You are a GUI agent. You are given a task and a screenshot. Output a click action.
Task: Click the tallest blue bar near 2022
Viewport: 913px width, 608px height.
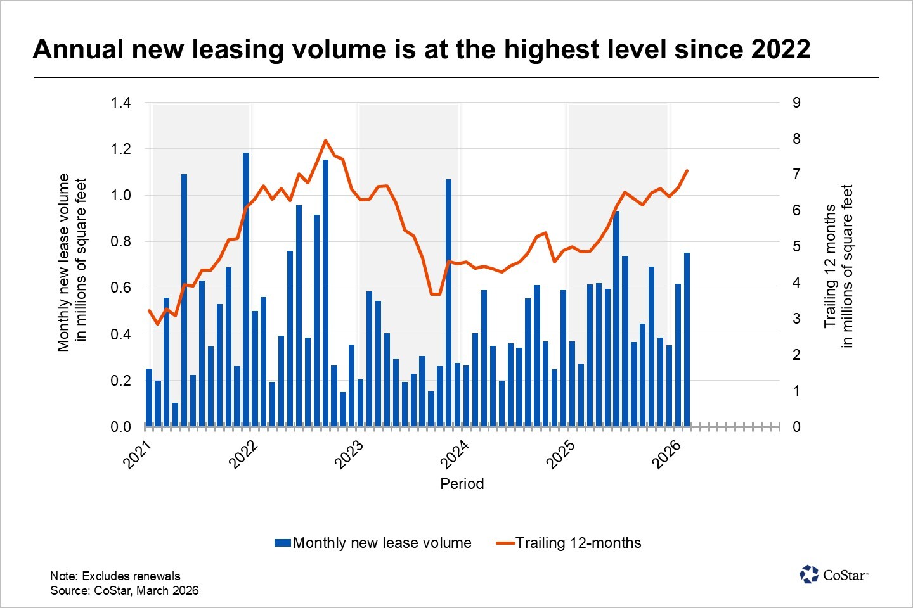[246, 288]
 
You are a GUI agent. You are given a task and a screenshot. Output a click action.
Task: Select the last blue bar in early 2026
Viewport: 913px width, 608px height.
[687, 339]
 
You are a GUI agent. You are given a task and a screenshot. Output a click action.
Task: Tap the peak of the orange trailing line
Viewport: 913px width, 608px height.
[325, 141]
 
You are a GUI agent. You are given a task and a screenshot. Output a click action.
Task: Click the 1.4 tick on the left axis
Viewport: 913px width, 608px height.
[120, 103]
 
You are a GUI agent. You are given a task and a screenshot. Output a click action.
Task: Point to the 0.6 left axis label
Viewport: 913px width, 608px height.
[120, 288]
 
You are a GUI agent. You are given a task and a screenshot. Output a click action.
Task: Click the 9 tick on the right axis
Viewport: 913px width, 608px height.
[796, 103]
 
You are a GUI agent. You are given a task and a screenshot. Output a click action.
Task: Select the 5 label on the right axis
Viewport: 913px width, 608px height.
[796, 246]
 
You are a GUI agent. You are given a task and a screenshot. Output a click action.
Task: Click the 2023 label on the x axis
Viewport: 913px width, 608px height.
[349, 454]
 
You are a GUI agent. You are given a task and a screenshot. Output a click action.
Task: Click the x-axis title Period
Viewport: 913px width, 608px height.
[462, 484]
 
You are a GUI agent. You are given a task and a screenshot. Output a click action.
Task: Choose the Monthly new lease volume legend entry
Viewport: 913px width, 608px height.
[373, 543]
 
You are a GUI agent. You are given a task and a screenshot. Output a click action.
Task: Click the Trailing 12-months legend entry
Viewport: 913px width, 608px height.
[569, 543]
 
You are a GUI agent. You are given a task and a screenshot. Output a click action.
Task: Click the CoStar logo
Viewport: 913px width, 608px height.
[834, 574]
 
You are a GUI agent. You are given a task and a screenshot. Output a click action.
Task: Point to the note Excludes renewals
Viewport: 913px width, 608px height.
[115, 576]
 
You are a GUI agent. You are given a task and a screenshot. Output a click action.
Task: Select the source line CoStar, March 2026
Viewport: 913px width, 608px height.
[124, 590]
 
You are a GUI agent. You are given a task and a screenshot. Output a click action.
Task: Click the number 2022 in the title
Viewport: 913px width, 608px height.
[780, 49]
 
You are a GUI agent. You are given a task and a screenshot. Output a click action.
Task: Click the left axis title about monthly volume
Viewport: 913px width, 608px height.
[72, 262]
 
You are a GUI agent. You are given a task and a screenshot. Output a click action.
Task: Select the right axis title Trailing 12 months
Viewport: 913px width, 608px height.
[838, 266]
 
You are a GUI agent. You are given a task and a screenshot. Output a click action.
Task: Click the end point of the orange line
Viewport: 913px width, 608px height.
[687, 170]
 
